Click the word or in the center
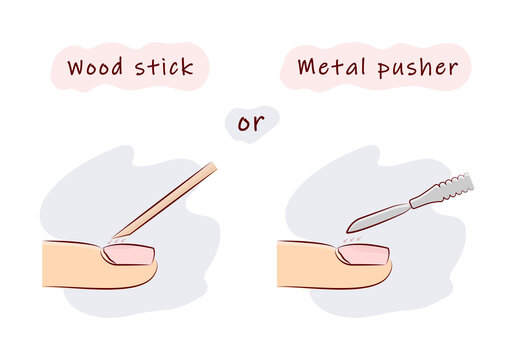250,123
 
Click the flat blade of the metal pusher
375,213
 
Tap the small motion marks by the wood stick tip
121,238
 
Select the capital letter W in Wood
76,69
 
